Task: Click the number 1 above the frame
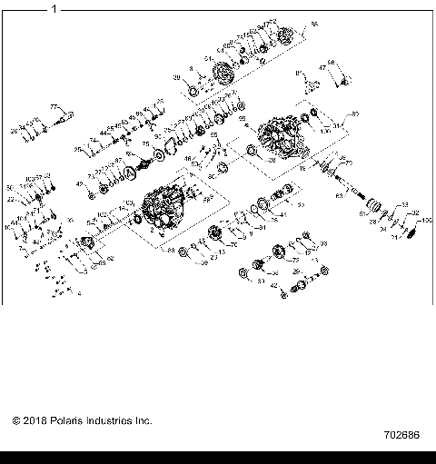coord(54,9)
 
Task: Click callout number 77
coord(54,106)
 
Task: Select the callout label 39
coord(176,79)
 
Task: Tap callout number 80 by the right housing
coord(355,114)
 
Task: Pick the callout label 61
coord(362,213)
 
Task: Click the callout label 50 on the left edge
coord(11,187)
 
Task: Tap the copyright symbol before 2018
coord(15,420)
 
